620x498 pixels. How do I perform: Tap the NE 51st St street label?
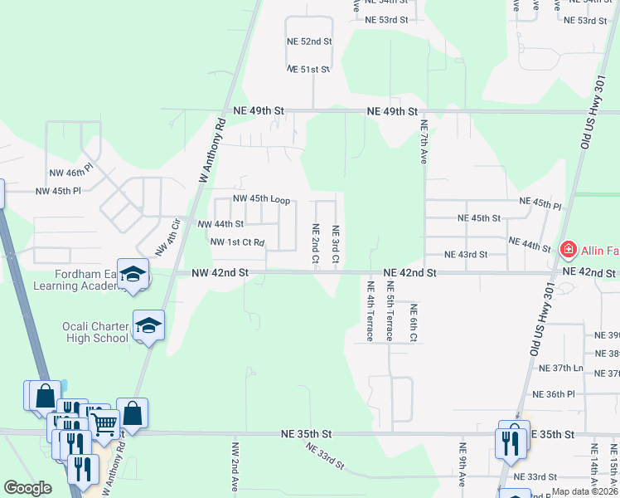[308, 70]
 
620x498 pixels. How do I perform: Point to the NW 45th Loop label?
[261, 199]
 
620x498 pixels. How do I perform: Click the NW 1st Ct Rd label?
[237, 242]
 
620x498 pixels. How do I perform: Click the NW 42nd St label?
[220, 271]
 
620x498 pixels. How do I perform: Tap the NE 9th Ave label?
[463, 466]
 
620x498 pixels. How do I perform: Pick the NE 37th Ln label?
[561, 368]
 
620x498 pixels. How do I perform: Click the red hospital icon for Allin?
[569, 248]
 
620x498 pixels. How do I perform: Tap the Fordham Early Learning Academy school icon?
[132, 274]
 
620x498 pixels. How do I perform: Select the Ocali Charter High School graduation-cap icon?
[148, 325]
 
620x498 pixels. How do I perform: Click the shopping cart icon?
[104, 424]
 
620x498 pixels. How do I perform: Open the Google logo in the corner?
[28, 489]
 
